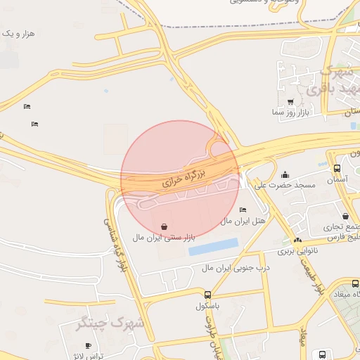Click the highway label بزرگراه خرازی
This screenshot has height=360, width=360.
pyautogui.click(x=182, y=175)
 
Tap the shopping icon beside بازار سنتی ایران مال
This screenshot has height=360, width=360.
pyautogui.click(x=164, y=227)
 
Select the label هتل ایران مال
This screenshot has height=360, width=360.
pyautogui.click(x=243, y=220)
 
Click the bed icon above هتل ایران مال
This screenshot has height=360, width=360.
pyautogui.click(x=243, y=210)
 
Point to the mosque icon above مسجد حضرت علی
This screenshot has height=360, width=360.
pyautogui.click(x=285, y=175)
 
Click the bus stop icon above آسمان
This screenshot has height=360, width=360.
pyautogui.click(x=337, y=169)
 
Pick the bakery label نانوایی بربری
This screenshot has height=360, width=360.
pyautogui.click(x=297, y=250)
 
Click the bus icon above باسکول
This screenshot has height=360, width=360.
pyautogui.click(x=207, y=295)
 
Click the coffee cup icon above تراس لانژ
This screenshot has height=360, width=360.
pyautogui.click(x=88, y=345)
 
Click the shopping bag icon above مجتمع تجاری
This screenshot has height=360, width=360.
pyautogui.click(x=345, y=217)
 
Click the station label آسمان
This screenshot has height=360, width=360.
pyautogui.click(x=337, y=180)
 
